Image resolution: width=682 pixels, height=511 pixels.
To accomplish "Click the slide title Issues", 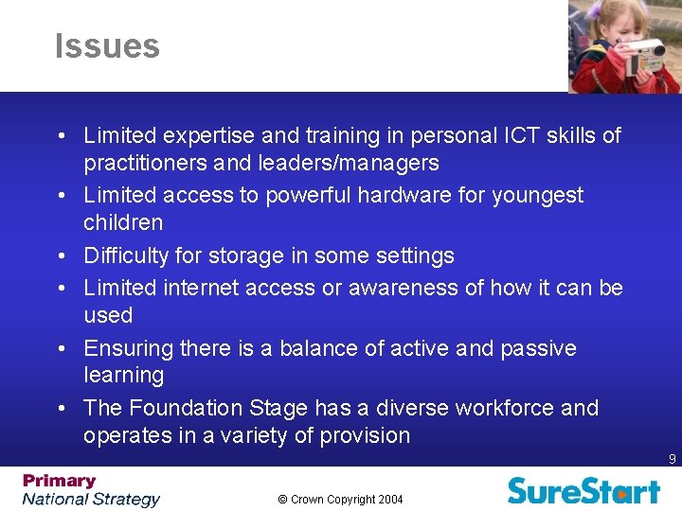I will pyautogui.click(x=107, y=46).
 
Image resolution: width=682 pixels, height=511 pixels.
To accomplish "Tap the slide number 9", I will pyautogui.click(x=672, y=459).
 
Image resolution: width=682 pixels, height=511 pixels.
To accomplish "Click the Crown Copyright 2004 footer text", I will pyautogui.click(x=341, y=499).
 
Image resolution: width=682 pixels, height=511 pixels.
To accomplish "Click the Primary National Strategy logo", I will pyautogui.click(x=91, y=490).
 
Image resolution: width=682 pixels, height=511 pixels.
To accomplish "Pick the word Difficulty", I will pyautogui.click(x=127, y=255).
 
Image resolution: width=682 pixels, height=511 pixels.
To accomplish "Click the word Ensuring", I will pyautogui.click(x=128, y=348).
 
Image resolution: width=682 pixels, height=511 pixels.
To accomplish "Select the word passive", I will pyautogui.click(x=538, y=348).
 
